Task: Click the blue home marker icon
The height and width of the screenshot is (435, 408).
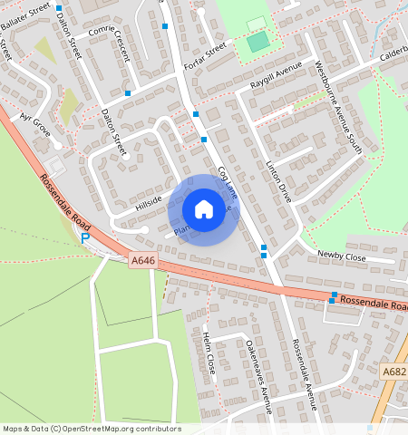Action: (x=204, y=209)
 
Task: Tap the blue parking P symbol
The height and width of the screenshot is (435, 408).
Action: (x=85, y=238)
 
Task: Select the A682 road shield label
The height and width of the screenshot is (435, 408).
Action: (x=394, y=372)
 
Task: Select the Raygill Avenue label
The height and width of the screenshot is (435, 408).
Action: (x=275, y=77)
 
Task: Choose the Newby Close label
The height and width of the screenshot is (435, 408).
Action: (x=341, y=256)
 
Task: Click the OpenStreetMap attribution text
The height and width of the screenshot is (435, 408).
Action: (x=92, y=428)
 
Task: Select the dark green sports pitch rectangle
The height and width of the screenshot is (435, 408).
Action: (x=258, y=41)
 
